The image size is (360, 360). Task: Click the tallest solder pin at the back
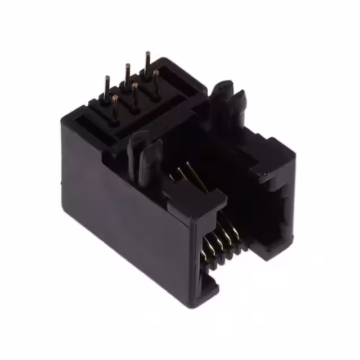148,63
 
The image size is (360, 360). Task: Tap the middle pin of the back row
128,75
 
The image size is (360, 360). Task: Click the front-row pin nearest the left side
115,107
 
